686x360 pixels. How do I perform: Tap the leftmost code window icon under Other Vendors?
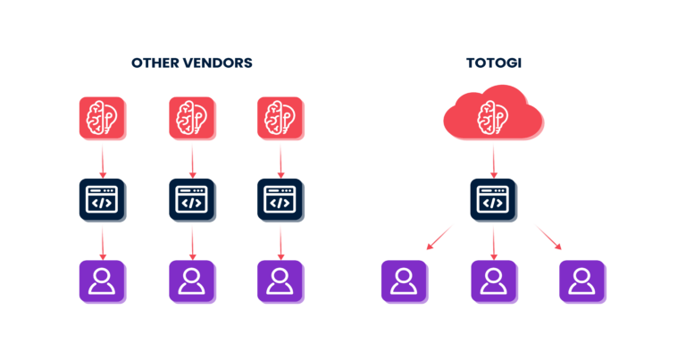(103, 200)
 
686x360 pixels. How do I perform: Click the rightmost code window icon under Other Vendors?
(281, 200)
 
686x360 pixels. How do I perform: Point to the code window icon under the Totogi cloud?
(493, 200)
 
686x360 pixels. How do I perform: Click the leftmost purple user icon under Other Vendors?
(103, 282)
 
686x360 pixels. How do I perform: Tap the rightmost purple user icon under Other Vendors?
(281, 282)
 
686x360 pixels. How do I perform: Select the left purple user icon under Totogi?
(405, 282)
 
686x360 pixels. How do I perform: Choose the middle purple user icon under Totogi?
(495, 282)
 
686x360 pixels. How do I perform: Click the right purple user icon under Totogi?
(582, 282)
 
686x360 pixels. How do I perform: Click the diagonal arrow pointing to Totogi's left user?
(440, 237)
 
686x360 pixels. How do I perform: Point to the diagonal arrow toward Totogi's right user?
(547, 237)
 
